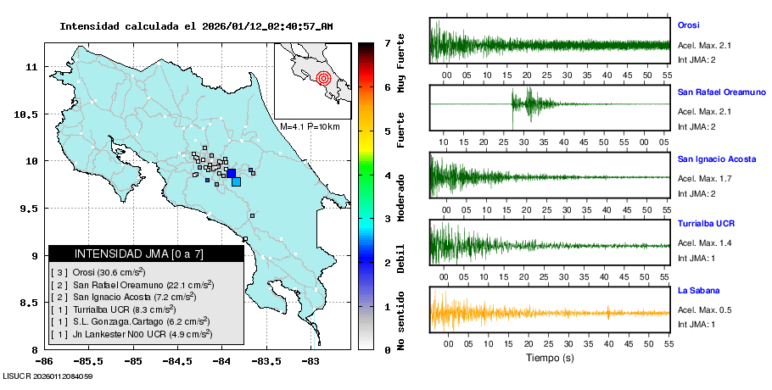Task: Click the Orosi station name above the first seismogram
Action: [688, 25]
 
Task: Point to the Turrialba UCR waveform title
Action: [705, 224]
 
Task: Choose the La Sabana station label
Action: [696, 290]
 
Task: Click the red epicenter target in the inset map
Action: [322, 79]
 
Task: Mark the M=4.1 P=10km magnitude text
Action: [310, 126]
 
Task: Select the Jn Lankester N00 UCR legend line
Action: [128, 335]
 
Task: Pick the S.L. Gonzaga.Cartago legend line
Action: [126, 322]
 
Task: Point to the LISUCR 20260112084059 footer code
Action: [48, 376]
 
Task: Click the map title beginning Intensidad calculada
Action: [196, 26]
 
